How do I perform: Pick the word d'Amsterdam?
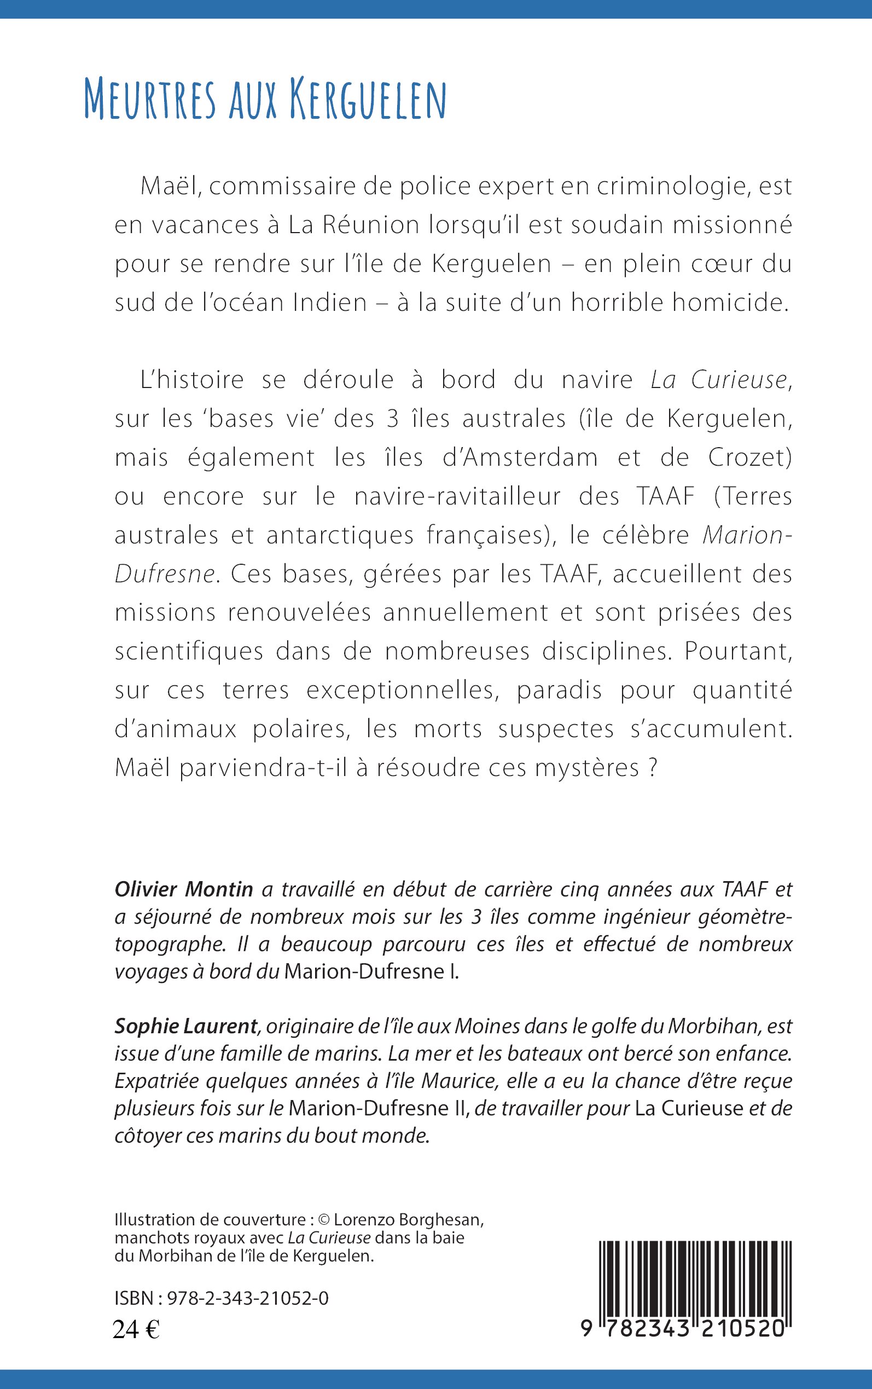pyautogui.click(x=520, y=458)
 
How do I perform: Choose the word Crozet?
pyautogui.click(x=750, y=458)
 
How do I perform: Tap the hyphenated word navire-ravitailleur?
pyautogui.click(x=457, y=496)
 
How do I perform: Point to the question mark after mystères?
pyautogui.click(x=653, y=768)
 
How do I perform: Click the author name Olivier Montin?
pyautogui.click(x=184, y=889)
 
